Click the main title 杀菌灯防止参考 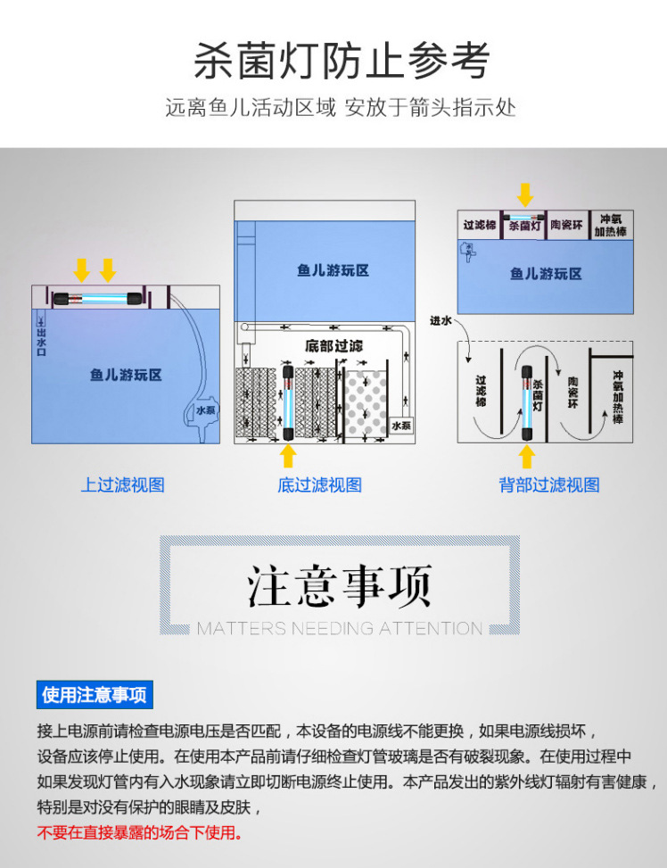[342, 62]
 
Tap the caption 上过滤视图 [123, 485]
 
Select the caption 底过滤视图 [319, 485]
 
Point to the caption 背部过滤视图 [548, 485]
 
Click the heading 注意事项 [340, 585]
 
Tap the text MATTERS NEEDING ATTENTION [340, 629]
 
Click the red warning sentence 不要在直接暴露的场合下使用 [139, 833]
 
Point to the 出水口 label [41, 341]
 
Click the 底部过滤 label [333, 345]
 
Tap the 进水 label [441, 321]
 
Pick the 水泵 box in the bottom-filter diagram [401, 426]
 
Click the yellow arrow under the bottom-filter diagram [288, 455]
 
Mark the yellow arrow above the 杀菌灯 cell [525, 194]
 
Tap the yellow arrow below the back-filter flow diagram [527, 456]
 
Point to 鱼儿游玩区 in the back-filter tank [546, 274]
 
